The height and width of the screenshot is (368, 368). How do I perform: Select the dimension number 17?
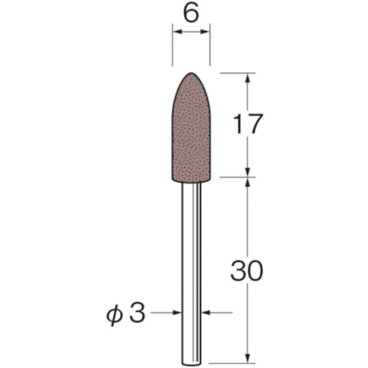[x=247, y=125]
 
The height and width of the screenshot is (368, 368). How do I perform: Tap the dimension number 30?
[x=246, y=272]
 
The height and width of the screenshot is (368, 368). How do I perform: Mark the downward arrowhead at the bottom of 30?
[x=247, y=345]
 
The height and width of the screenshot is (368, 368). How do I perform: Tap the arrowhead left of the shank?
[x=177, y=313]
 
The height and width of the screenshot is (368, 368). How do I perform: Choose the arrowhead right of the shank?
[x=206, y=313]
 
